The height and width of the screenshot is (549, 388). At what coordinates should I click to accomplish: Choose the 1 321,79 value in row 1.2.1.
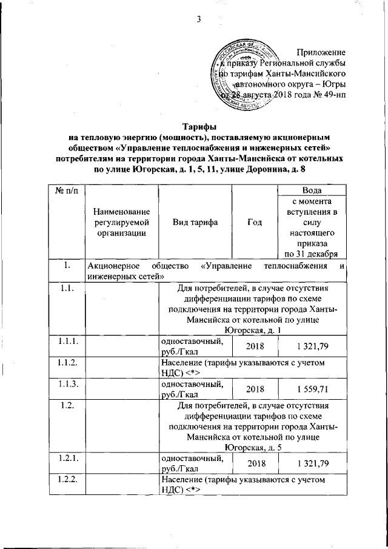[x=313, y=464]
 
